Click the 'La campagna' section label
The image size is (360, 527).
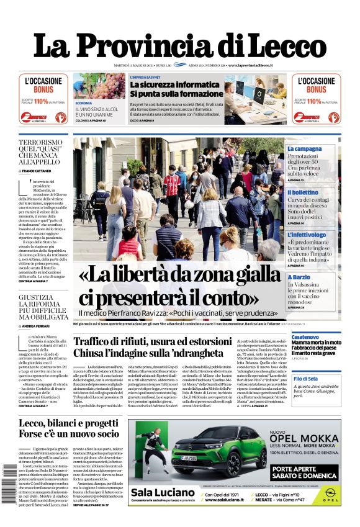click(322, 149)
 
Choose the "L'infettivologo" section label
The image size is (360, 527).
click(324, 235)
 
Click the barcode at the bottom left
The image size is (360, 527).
click(11, 480)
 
